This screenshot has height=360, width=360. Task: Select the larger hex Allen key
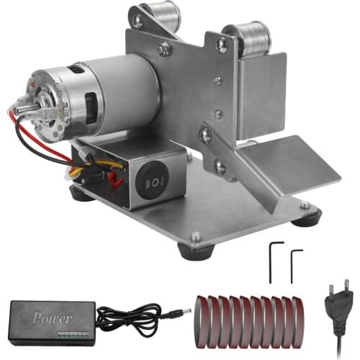coord(271,261)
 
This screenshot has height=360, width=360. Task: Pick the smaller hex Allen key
coord(295,265)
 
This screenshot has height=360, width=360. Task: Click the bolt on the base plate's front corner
coord(195,236)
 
